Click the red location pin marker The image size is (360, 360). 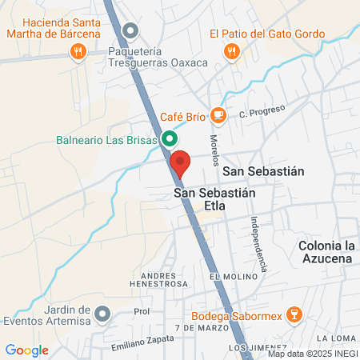(180, 162)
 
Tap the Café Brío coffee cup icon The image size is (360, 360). (218, 116)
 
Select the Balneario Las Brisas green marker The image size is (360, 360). (170, 139)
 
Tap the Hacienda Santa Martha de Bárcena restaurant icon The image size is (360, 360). (78, 52)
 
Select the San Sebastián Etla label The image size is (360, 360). (200, 199)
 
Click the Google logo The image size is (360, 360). (27, 350)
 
